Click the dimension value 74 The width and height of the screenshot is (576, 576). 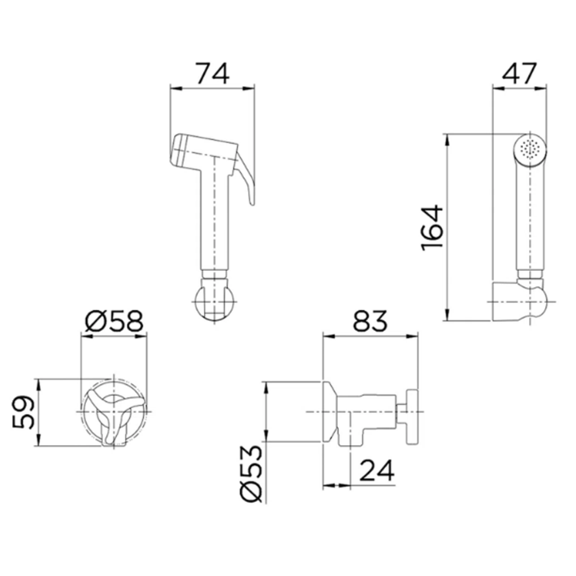212,74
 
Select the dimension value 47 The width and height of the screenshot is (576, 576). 520,74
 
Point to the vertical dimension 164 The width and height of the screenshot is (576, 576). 432,228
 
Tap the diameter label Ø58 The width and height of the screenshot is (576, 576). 113,321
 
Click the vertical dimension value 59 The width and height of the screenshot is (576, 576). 23,412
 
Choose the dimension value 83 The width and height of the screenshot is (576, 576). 370,321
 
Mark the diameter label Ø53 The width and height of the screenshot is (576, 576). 252,474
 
